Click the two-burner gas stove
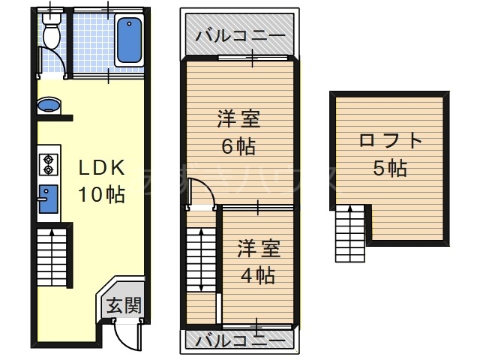(x=48, y=163)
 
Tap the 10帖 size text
(x=101, y=194)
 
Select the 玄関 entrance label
(x=121, y=305)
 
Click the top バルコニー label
(x=240, y=36)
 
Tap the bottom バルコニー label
(x=240, y=341)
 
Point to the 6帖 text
(x=238, y=145)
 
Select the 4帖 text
(x=258, y=274)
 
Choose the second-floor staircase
(x=199, y=259)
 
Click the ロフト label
(x=390, y=141)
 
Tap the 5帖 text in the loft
(x=390, y=168)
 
